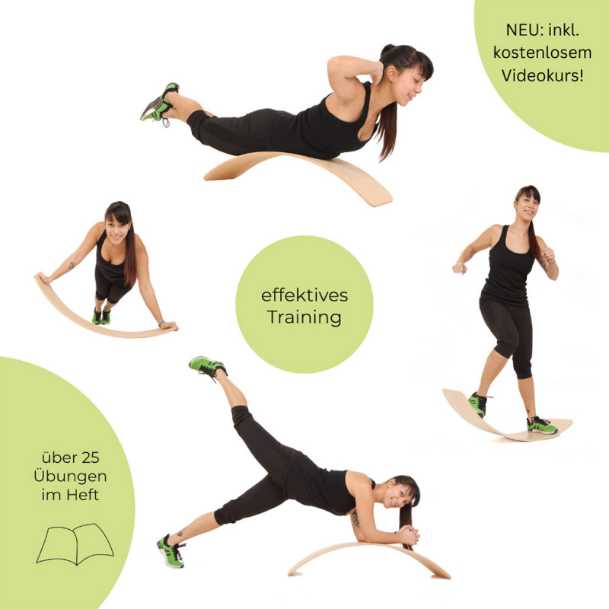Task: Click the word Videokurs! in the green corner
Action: pyautogui.click(x=542, y=75)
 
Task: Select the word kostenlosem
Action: pyautogui.click(x=542, y=53)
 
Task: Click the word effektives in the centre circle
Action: pyautogui.click(x=304, y=295)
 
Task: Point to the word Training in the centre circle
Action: pyautogui.click(x=304, y=317)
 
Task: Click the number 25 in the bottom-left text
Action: pyautogui.click(x=91, y=458)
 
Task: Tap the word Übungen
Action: pyautogui.click(x=70, y=477)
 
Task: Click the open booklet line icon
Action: pyautogui.click(x=75, y=544)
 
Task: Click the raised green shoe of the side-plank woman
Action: pyautogui.click(x=207, y=366)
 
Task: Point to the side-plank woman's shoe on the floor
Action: pyautogui.click(x=171, y=551)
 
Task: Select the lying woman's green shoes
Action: pyautogui.click(x=160, y=102)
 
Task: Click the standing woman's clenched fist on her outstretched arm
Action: pyautogui.click(x=460, y=268)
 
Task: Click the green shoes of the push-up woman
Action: pyautogui.click(x=101, y=316)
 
